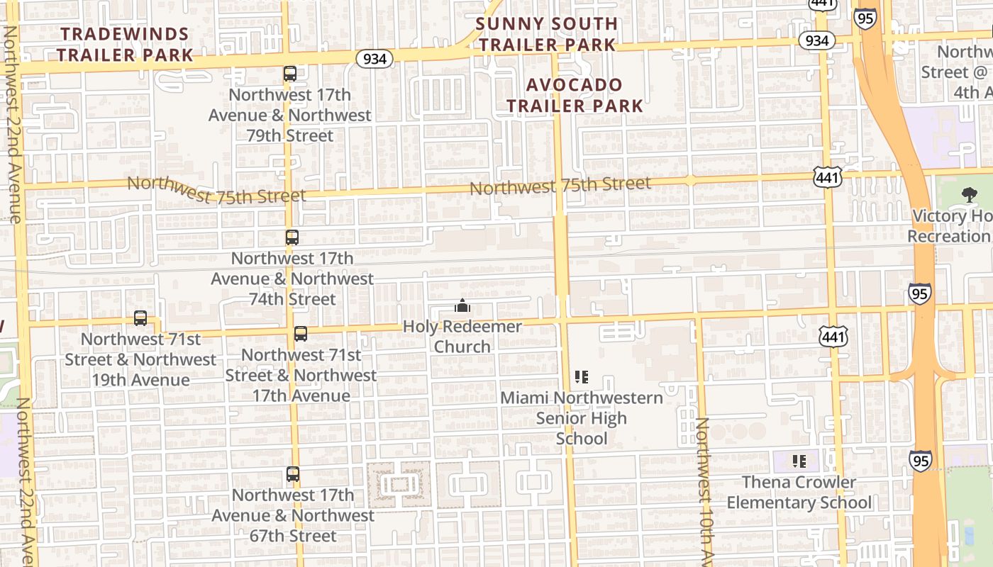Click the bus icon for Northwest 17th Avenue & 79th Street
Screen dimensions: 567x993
pos(289,73)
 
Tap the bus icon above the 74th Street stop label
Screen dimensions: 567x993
pos(292,237)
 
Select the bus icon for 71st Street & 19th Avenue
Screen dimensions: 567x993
pos(140,318)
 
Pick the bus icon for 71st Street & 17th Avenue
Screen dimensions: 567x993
pos(301,333)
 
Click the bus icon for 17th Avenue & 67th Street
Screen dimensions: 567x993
pos(293,473)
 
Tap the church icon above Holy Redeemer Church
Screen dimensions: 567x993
pos(462,305)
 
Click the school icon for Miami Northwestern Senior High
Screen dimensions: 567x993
pos(582,376)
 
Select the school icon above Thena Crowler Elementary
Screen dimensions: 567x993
pos(799,461)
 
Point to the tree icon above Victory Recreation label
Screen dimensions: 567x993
pos(968,195)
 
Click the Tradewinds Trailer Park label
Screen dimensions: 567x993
pos(124,44)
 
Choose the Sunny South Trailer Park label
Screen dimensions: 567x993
pos(546,33)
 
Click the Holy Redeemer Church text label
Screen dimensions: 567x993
pos(462,337)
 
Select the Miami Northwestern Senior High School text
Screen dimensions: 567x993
pos(582,418)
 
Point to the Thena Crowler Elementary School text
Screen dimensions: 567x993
pos(799,493)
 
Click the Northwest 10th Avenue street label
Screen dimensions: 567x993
pos(701,489)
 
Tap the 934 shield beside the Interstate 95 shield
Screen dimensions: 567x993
pos(816,40)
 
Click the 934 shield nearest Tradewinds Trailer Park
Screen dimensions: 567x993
pos(374,58)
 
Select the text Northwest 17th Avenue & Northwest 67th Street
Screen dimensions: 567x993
pos(293,515)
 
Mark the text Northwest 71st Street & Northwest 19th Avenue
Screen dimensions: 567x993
pos(140,359)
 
